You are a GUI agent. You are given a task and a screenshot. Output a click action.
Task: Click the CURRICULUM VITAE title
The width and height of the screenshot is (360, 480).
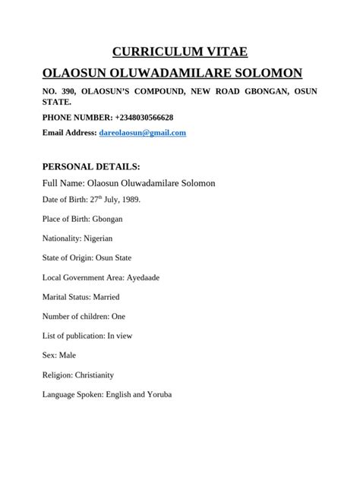[x=180, y=52]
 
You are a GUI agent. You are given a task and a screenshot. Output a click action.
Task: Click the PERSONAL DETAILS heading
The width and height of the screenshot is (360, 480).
[x=91, y=166]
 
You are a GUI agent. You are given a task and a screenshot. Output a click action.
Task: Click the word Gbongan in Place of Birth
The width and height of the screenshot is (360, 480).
[x=106, y=219]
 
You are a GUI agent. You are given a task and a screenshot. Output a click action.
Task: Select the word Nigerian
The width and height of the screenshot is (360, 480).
[x=103, y=238]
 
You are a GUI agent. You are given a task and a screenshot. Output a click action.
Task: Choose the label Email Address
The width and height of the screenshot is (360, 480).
[x=68, y=133]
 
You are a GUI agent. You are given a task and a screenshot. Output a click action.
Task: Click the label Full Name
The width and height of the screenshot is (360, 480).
[x=62, y=184]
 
